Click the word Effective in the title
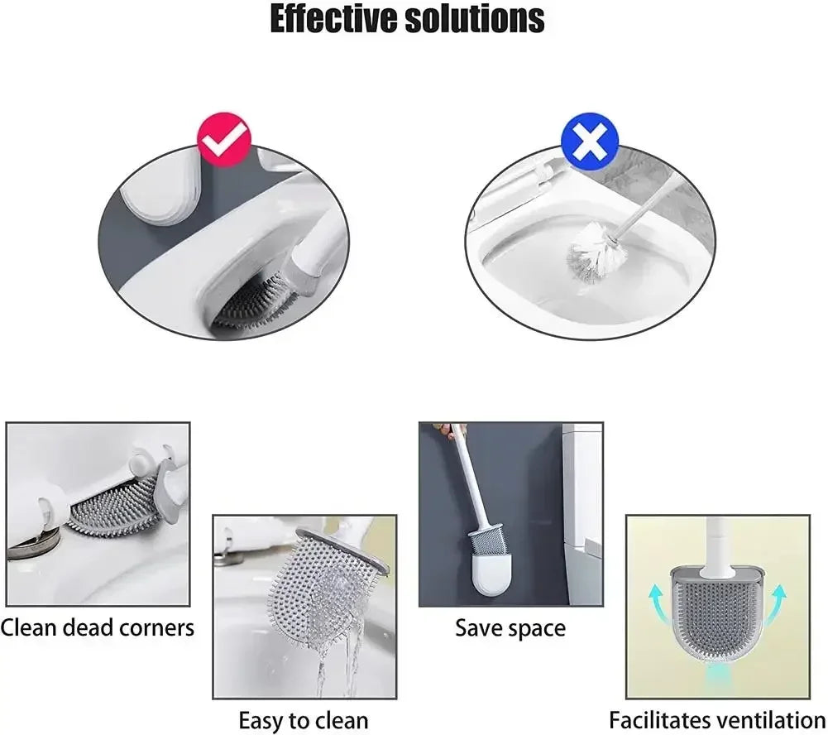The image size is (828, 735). [x=334, y=20]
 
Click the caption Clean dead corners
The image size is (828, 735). [x=98, y=627]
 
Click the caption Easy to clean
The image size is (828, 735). [x=304, y=720]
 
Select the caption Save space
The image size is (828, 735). [x=510, y=627]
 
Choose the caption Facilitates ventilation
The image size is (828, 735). [x=717, y=720]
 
